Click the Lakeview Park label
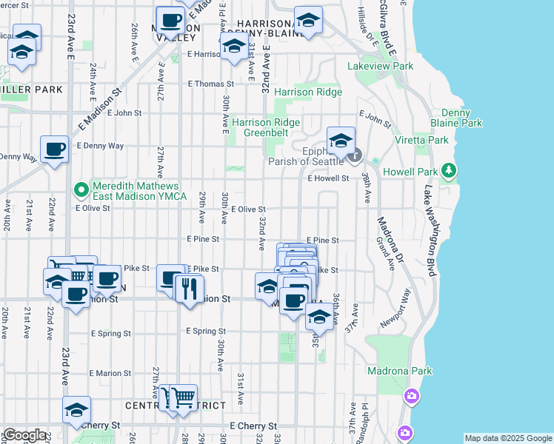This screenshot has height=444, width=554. click(x=380, y=66)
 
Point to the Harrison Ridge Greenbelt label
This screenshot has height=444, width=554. click(x=266, y=128)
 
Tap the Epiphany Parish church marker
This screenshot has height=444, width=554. click(x=355, y=155)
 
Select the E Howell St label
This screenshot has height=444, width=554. click(x=328, y=178)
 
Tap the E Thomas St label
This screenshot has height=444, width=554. click(x=211, y=84)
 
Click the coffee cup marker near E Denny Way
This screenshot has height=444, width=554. click(x=54, y=149)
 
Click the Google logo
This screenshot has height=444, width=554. click(x=24, y=435)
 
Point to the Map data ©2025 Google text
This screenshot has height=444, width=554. click(x=507, y=438)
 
